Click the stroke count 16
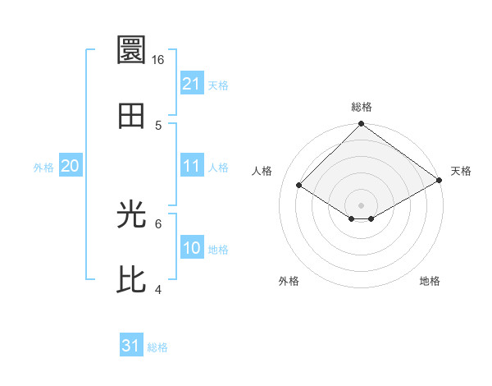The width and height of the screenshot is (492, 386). (x=158, y=60)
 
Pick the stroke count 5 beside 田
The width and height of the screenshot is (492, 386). (x=158, y=125)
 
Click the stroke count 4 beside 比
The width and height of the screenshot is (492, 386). (x=158, y=289)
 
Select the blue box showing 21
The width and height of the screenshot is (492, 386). (x=192, y=84)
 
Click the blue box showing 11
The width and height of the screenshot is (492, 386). (x=192, y=166)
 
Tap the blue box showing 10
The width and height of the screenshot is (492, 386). (x=192, y=248)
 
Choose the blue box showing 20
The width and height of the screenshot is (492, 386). (x=71, y=166)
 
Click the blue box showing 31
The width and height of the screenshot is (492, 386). (x=131, y=347)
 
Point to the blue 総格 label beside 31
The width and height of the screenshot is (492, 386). (x=157, y=347)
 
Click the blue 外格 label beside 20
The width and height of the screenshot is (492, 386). (x=43, y=167)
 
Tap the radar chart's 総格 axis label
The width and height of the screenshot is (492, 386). (x=362, y=107)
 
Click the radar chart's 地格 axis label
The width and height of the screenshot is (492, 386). (x=430, y=281)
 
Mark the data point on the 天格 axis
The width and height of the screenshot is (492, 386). (x=439, y=181)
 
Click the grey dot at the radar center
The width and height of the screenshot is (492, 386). (x=362, y=204)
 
